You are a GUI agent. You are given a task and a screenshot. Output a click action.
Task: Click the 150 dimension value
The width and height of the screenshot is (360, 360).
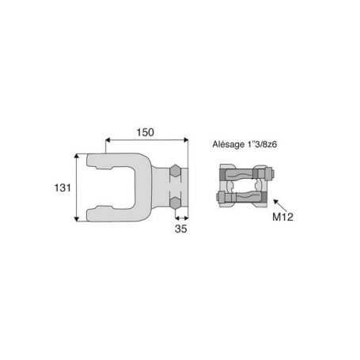(x=145, y=132)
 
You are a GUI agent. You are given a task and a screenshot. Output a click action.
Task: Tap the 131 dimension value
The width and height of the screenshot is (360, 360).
(x=63, y=188)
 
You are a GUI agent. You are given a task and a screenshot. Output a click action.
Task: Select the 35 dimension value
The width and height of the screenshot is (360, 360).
(x=181, y=229)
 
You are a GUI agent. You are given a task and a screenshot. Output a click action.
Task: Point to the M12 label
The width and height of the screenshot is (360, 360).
(x=282, y=217)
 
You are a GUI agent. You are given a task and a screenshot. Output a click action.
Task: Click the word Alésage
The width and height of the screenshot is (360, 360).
(x=229, y=145)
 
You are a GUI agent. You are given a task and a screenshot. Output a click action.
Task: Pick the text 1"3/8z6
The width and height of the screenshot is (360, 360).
(x=262, y=144)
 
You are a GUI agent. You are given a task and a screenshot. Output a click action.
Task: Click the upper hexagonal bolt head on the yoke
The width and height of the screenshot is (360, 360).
(x=175, y=171)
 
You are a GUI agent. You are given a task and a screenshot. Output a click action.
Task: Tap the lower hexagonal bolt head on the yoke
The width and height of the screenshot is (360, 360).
(x=175, y=203)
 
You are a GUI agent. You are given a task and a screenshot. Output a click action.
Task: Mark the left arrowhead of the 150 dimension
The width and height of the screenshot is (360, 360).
(x=108, y=140)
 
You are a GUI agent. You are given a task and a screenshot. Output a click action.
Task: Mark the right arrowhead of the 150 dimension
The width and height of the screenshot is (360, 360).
(x=186, y=140)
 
